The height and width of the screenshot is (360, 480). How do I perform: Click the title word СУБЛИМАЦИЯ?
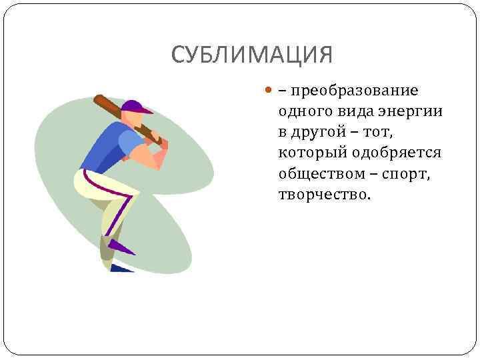tap(251, 55)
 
